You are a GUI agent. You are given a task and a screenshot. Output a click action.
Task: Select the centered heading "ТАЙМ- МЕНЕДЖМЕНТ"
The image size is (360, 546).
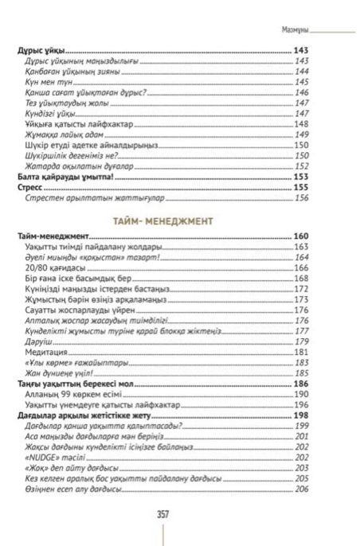click(181, 216)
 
